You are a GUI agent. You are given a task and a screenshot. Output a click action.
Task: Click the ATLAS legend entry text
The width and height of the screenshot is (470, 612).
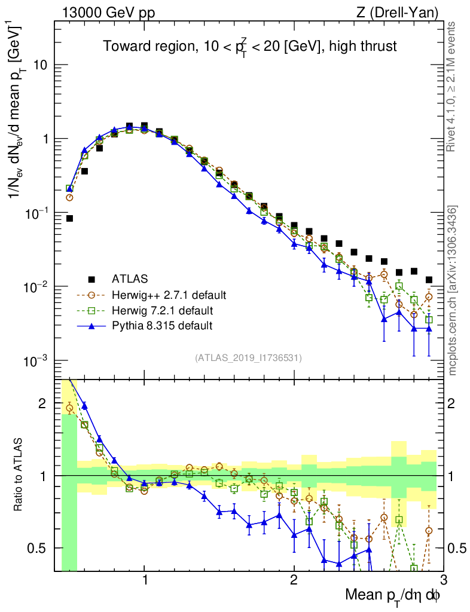coord(129,279)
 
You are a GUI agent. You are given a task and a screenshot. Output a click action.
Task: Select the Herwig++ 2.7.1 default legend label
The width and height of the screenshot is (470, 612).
coord(169,295)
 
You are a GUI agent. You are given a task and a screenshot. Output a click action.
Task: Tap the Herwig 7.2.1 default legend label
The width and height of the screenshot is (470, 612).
coord(163,310)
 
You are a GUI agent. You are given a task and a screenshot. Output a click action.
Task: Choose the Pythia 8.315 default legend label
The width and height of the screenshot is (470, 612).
coord(162,326)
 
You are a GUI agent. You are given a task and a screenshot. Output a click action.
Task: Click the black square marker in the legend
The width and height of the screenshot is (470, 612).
coord(91,279)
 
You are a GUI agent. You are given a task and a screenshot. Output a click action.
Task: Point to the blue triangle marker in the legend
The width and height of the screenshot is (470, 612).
coord(91,326)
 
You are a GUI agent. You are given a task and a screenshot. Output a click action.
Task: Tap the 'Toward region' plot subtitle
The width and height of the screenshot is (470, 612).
coord(249,47)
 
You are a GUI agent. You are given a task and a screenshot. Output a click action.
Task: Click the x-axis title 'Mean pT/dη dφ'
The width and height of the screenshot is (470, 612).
coord(393,595)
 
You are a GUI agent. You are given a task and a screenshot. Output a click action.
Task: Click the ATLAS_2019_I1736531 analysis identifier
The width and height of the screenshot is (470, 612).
coord(248,358)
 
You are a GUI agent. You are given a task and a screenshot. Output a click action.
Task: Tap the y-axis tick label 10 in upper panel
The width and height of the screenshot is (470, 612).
coord(41,65)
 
